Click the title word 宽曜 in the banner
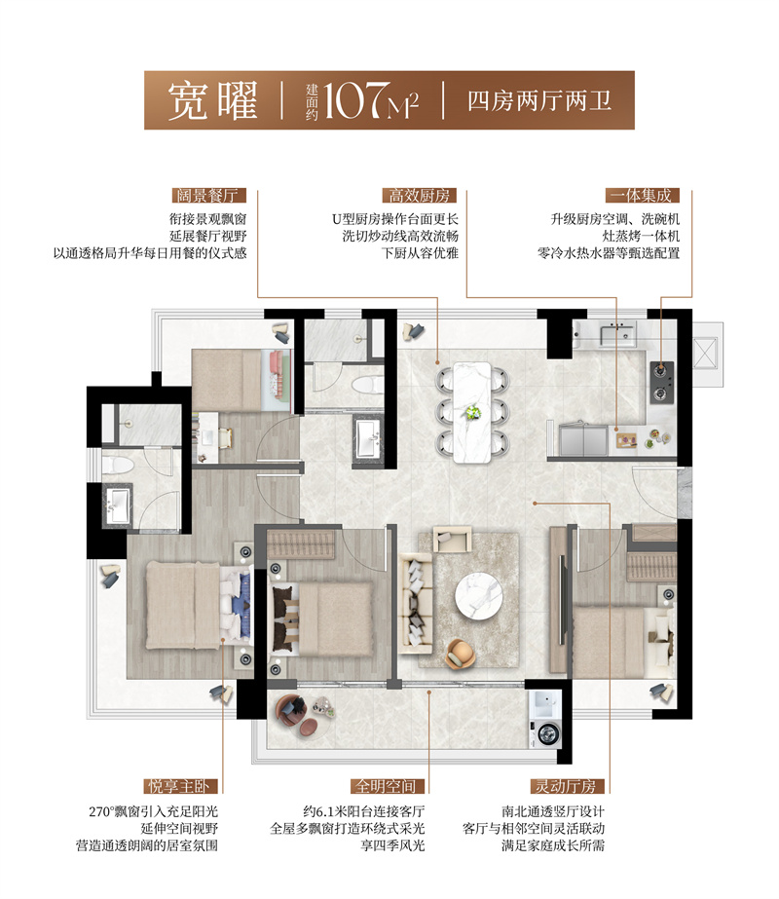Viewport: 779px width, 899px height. [211, 100]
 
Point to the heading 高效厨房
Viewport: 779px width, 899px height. [410, 195]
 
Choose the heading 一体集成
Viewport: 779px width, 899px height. [639, 195]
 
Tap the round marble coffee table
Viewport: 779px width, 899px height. [478, 593]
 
